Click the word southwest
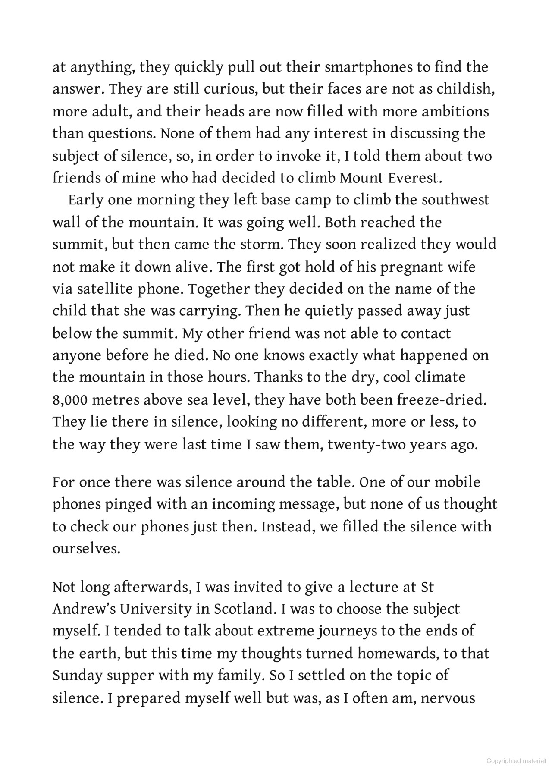point(455,200)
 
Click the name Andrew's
point(84,609)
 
